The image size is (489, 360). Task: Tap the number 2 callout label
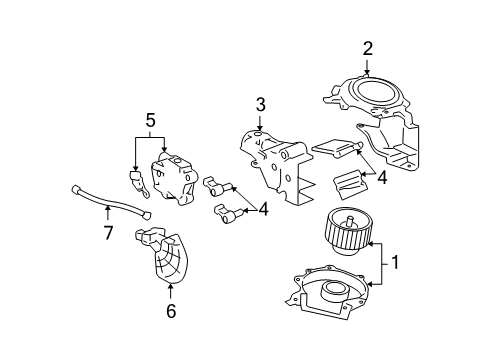(x=367, y=47)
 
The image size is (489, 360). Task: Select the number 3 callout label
(x=259, y=104)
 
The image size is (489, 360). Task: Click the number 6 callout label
(x=170, y=311)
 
